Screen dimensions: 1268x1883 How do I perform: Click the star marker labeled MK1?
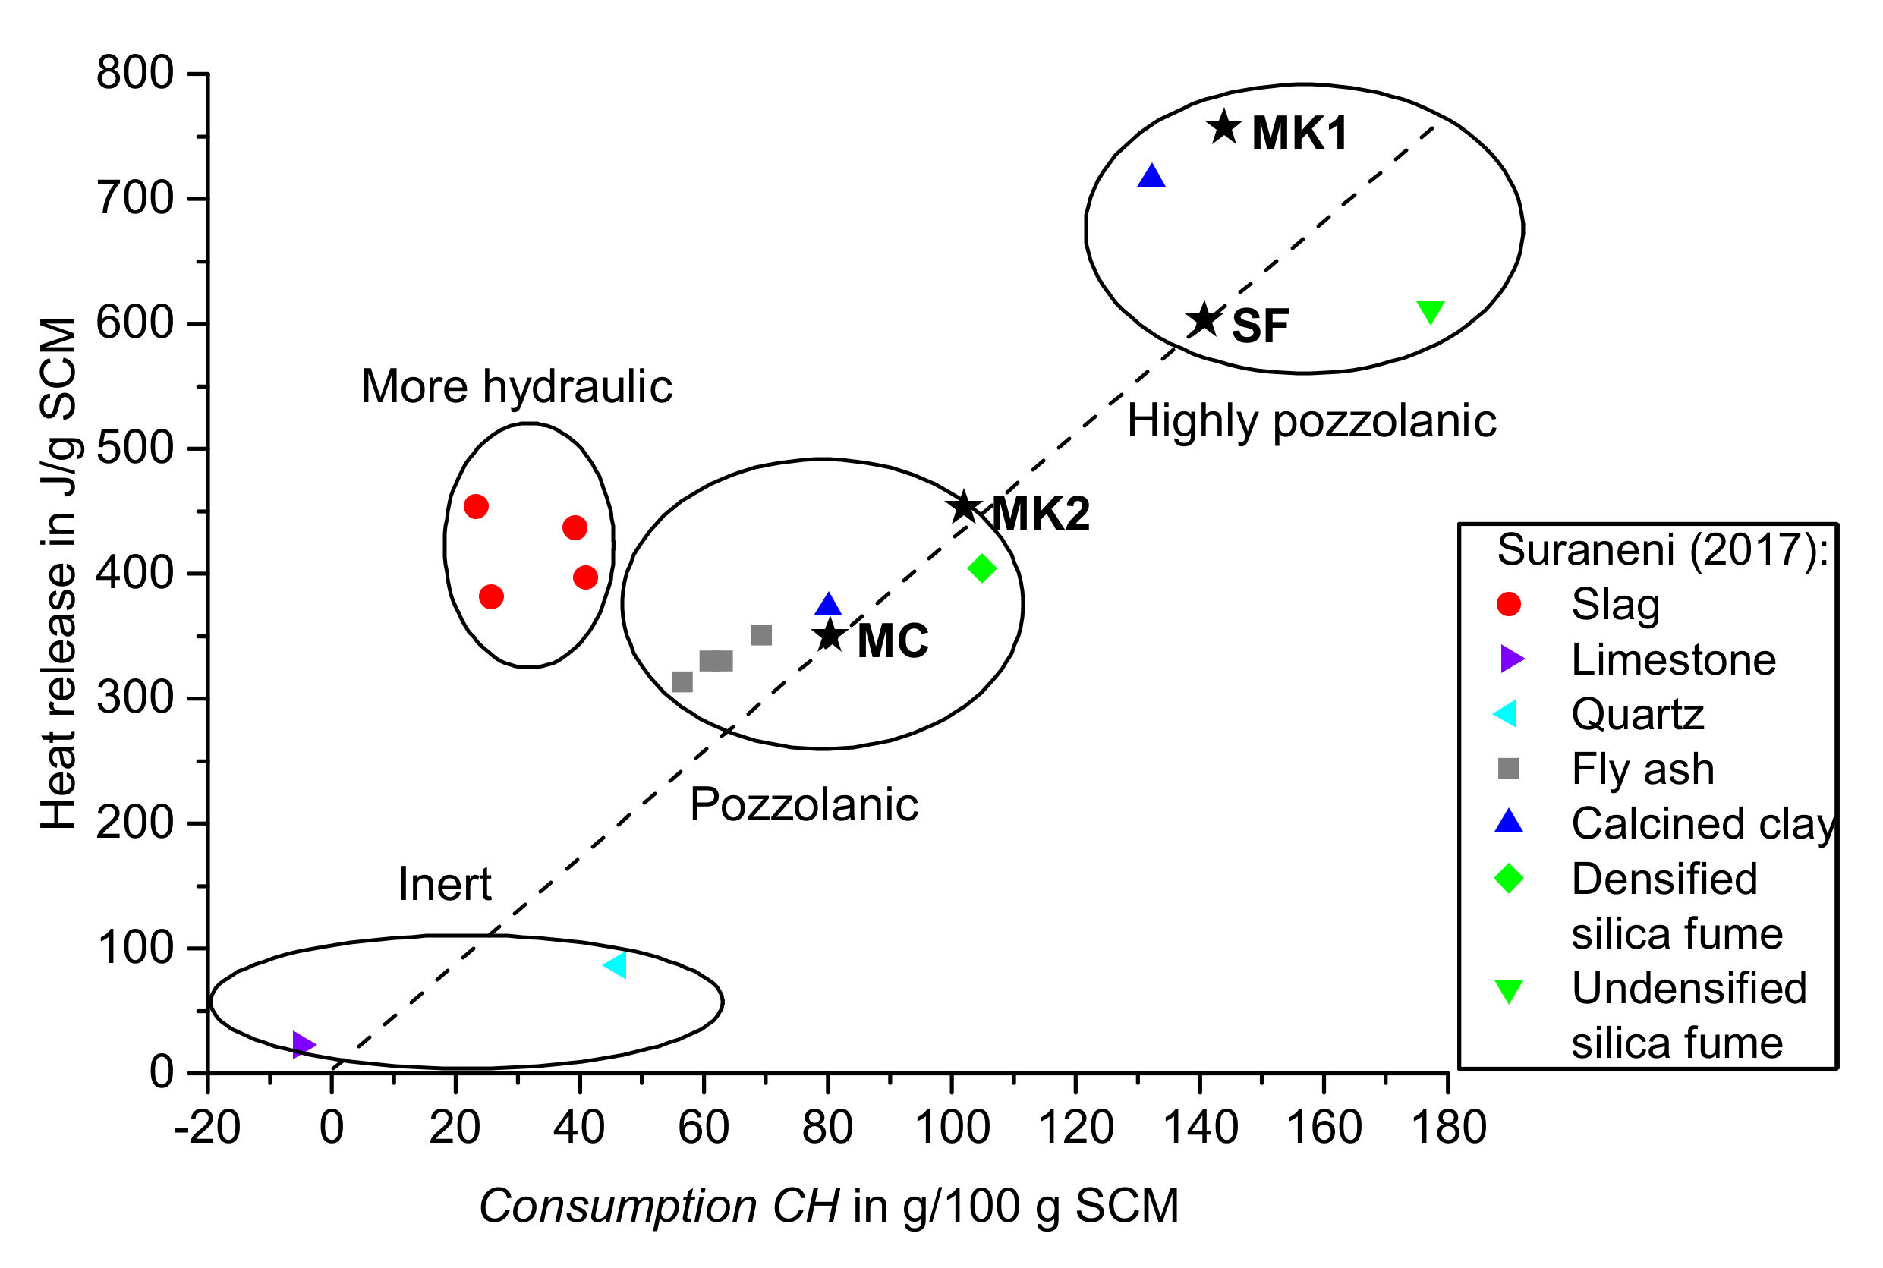(1223, 127)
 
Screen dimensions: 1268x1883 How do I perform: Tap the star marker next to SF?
(1204, 319)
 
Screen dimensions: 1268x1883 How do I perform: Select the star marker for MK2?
(964, 508)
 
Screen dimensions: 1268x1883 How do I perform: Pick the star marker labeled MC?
(830, 636)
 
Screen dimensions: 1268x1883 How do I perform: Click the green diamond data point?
(981, 568)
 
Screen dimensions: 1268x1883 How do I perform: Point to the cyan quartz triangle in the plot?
(616, 964)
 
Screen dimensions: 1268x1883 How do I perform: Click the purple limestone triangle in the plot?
(303, 1045)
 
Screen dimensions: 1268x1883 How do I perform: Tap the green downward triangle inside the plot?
(1430, 311)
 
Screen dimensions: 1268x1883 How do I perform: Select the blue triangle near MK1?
(1151, 176)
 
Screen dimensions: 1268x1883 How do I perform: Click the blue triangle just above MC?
(828, 604)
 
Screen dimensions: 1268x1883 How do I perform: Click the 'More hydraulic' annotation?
(516, 386)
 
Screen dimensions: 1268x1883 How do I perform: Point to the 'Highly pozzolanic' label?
(1311, 421)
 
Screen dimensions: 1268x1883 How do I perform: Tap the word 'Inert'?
(444, 884)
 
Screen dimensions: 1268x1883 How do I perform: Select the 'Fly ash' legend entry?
(1642, 768)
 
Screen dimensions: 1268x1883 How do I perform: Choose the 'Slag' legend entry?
(1614, 604)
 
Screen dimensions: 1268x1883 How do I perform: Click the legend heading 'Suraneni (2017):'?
(1662, 550)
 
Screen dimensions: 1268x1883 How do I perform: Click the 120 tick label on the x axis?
(1075, 1128)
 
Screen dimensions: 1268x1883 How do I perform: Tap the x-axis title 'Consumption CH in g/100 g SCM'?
(828, 1206)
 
